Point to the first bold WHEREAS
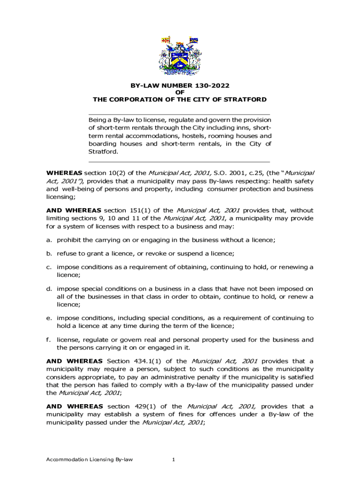point(64,173)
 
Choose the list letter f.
point(49,340)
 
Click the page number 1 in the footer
point(173,459)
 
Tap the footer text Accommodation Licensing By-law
point(89,459)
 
